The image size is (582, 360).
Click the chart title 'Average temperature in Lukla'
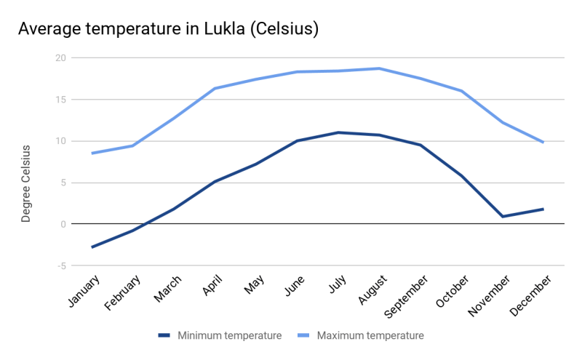tap(169, 29)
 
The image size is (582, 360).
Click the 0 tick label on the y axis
tap(63, 224)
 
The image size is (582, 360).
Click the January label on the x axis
tap(84, 292)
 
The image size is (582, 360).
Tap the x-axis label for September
tap(404, 297)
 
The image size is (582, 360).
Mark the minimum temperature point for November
tap(503, 216)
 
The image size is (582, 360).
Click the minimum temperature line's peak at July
tap(338, 132)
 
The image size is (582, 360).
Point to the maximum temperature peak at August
tap(379, 68)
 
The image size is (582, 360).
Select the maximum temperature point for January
tap(92, 153)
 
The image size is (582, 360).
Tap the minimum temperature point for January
tap(92, 247)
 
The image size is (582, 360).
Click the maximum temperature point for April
tap(215, 89)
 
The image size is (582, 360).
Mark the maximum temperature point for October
tap(461, 91)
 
